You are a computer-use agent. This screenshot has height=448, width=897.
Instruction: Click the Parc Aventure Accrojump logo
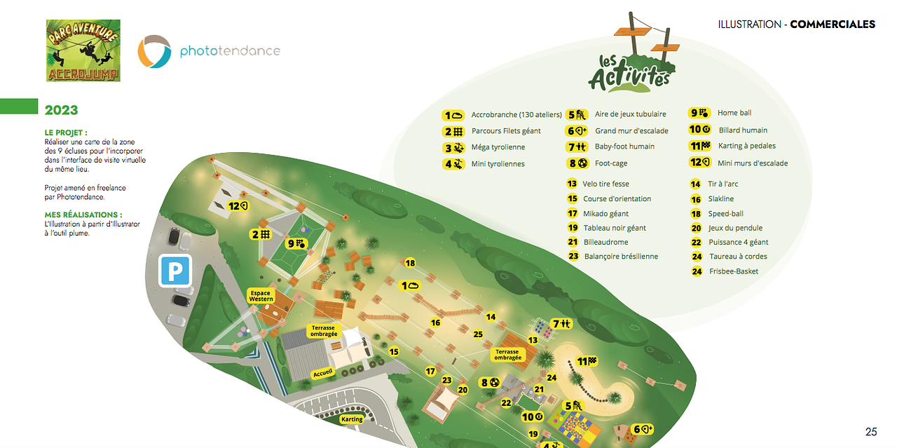click(83, 50)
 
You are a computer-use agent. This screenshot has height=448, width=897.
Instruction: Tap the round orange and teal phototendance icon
click(153, 51)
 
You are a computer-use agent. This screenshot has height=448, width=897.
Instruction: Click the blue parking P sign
click(174, 270)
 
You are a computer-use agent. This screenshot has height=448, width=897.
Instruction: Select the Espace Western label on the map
click(261, 295)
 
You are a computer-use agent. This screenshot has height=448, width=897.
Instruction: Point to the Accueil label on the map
click(323, 373)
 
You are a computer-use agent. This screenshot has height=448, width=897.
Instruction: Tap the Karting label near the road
click(352, 419)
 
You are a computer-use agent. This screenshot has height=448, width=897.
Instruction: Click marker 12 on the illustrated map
click(239, 206)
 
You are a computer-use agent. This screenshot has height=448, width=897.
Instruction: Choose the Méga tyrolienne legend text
click(498, 147)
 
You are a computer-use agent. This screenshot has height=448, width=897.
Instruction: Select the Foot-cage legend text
click(610, 163)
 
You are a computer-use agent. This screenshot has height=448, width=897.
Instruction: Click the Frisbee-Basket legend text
click(733, 271)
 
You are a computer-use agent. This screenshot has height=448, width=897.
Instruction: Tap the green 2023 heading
click(61, 110)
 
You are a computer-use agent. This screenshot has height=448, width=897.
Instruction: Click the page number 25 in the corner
click(871, 431)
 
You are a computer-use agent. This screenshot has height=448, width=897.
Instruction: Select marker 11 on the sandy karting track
click(587, 361)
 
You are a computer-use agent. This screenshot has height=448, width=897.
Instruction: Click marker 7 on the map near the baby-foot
click(562, 323)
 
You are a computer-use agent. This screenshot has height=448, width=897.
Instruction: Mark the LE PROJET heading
click(66, 133)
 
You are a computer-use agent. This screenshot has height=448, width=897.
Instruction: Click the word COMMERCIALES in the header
click(832, 25)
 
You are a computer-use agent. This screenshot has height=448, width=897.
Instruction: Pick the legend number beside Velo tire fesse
click(572, 184)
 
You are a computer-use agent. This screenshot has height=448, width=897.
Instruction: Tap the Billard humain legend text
click(743, 130)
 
